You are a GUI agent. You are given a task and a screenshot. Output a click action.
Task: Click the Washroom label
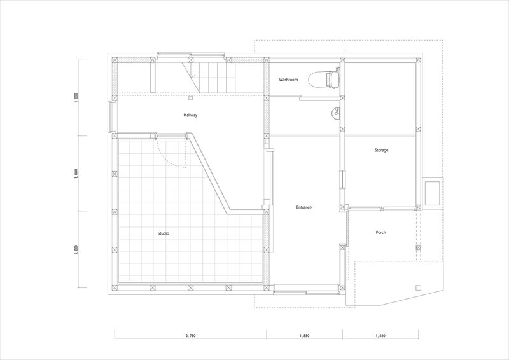pos(288,80)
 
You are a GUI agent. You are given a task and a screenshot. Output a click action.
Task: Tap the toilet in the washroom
pos(324,79)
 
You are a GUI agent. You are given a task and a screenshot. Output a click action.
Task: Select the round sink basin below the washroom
pos(335,113)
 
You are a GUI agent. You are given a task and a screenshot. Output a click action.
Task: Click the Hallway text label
pos(190,115)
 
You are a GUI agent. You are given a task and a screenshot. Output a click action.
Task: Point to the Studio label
pos(164,233)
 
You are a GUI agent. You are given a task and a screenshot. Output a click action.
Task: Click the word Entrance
pos(304,207)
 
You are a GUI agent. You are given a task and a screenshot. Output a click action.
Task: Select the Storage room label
pos(381,150)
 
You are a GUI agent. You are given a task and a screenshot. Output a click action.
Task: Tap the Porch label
pos(380,232)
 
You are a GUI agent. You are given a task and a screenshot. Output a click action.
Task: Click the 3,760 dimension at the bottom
pos(190,336)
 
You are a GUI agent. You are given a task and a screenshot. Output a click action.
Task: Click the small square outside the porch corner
pos(418,287)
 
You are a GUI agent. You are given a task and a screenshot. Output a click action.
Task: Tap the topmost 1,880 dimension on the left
pos(76,98)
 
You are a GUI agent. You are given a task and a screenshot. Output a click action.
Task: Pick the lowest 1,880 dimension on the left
pos(76,249)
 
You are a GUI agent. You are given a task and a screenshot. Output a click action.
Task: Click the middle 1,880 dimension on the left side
pos(76,174)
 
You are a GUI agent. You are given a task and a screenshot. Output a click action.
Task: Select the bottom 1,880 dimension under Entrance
pos(305,336)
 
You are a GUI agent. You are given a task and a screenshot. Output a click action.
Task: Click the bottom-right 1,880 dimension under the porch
pos(380,336)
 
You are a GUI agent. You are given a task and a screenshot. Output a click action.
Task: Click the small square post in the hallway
pos(191,97)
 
